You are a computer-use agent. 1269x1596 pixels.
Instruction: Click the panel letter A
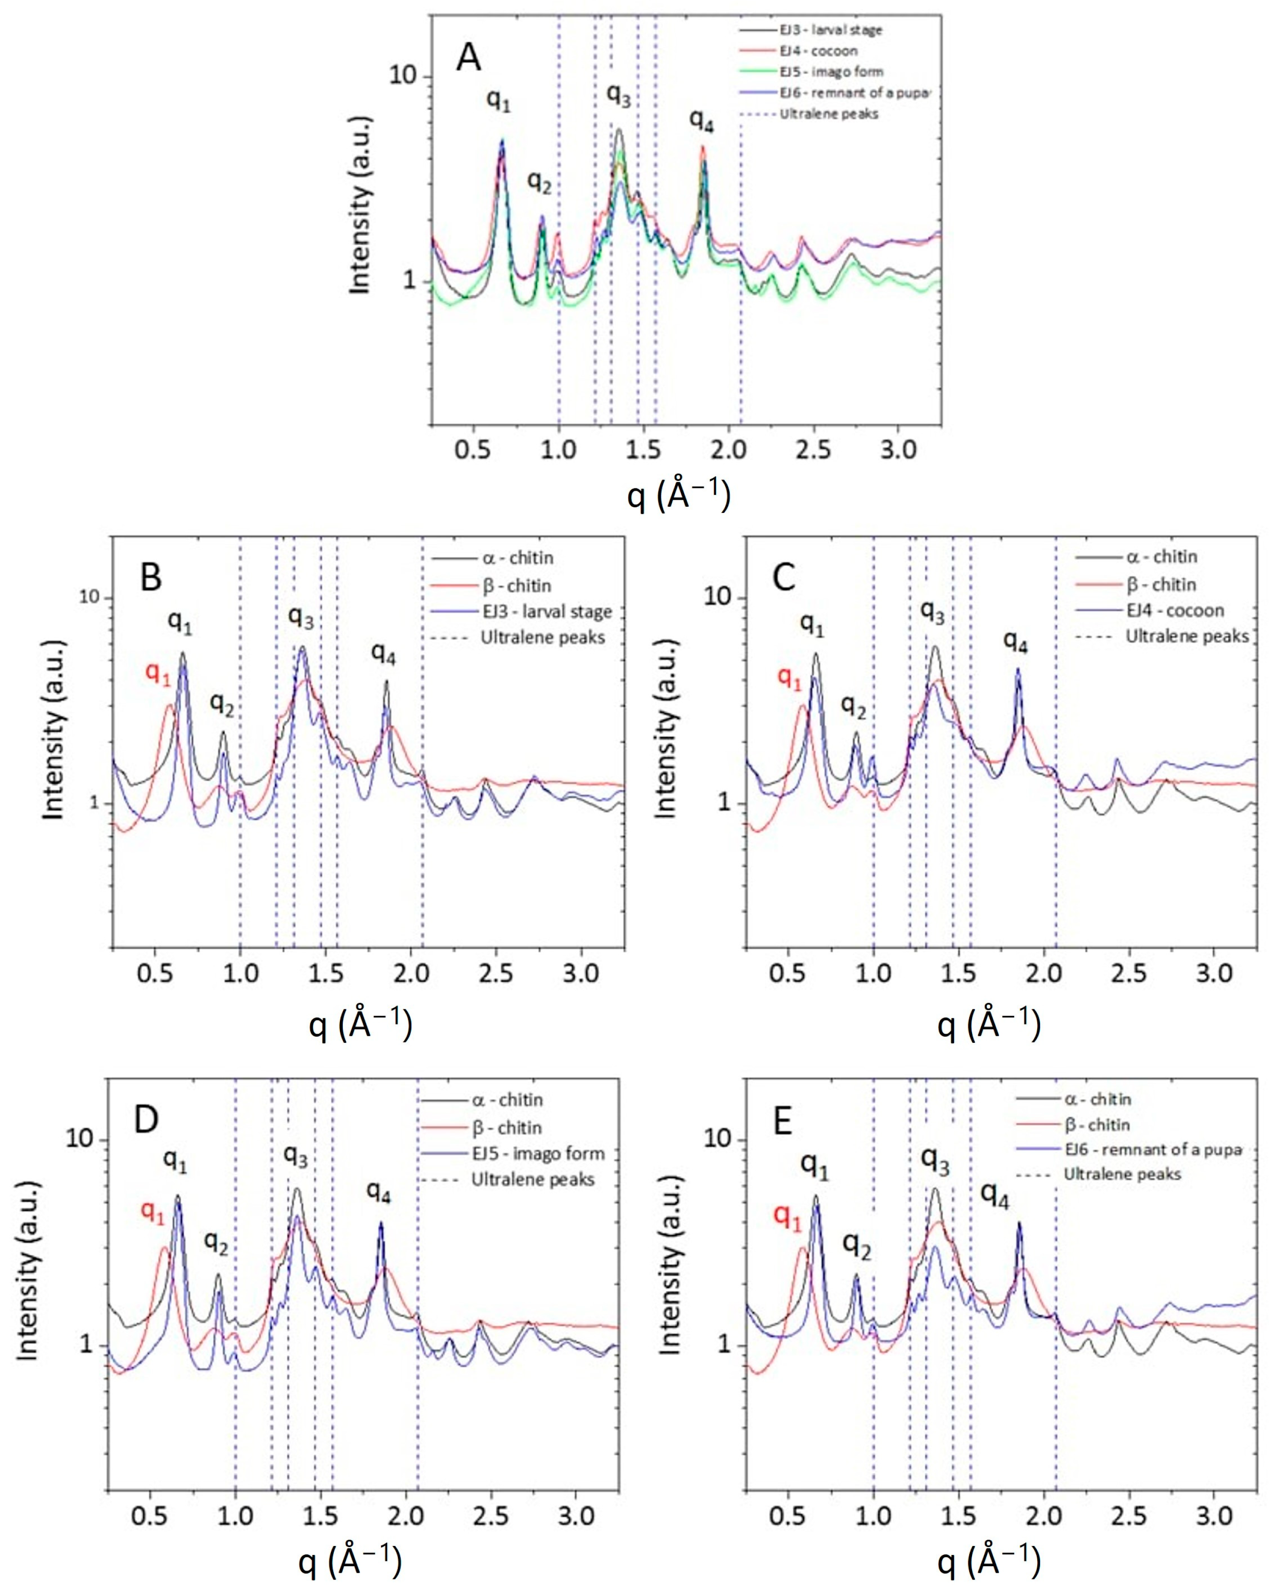click(x=468, y=58)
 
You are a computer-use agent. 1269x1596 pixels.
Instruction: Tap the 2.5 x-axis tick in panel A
click(x=813, y=450)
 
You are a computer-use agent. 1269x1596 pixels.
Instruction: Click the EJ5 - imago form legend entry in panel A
click(x=830, y=72)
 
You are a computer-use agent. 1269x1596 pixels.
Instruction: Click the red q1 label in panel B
click(x=158, y=674)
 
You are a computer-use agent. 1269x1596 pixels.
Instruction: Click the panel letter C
click(x=783, y=577)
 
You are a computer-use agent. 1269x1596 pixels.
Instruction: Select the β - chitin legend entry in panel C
click(x=1160, y=585)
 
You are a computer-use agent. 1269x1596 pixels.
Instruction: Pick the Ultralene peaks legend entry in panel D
click(x=533, y=1179)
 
